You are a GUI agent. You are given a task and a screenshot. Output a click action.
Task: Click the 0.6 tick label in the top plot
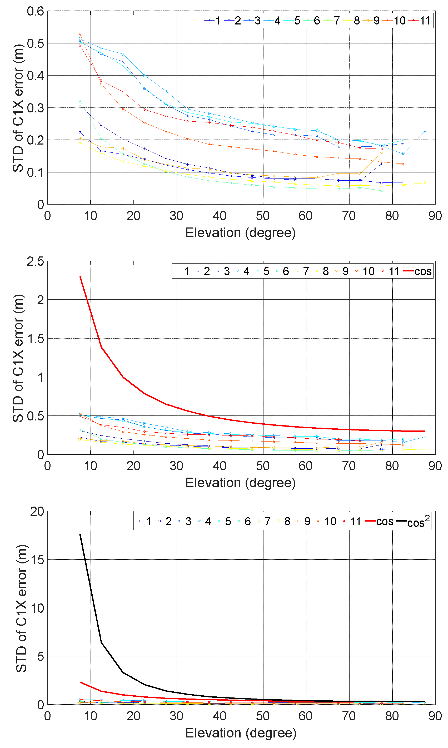(35, 12)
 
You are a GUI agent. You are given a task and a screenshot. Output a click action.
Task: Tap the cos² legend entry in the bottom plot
(418, 522)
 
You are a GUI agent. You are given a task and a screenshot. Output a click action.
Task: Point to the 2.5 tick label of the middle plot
(35, 261)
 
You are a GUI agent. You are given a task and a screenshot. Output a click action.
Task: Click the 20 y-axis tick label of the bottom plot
(37, 512)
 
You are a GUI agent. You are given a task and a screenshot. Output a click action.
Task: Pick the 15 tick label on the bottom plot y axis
(37, 560)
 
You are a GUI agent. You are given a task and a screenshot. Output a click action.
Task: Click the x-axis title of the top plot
(240, 233)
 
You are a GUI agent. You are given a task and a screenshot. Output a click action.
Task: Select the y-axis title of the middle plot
(18, 358)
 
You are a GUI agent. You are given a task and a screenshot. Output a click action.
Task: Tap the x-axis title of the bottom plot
(241, 733)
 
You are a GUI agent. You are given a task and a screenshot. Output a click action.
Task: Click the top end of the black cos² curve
(80, 534)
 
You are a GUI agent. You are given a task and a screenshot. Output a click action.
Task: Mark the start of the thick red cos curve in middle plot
(80, 277)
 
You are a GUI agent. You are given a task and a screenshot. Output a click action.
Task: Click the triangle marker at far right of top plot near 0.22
(425, 132)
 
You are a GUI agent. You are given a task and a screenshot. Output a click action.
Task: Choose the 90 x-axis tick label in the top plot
(435, 216)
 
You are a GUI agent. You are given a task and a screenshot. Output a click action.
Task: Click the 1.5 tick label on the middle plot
(35, 339)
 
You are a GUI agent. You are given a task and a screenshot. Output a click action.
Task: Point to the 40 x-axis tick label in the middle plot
(220, 466)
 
